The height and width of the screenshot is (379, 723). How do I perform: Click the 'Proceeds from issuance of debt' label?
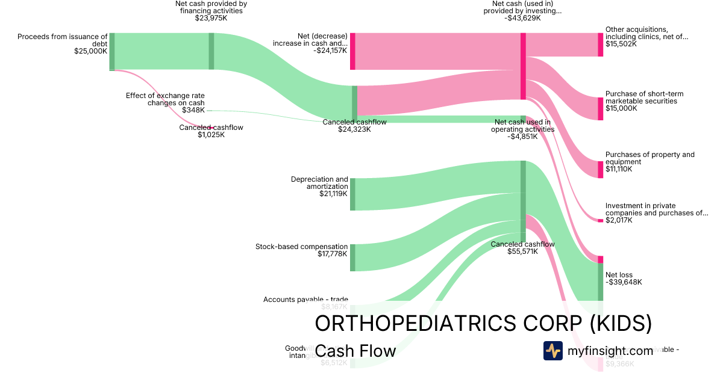[63, 40]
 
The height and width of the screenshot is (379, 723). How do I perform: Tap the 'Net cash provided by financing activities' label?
[211, 7]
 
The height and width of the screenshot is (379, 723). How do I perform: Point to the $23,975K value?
[211, 18]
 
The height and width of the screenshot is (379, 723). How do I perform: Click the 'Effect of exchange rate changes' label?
[165, 99]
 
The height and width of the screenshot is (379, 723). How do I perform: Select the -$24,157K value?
[330, 51]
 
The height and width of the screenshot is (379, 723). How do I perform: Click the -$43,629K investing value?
[522, 18]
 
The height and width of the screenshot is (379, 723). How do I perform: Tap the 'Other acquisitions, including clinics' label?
[646, 33]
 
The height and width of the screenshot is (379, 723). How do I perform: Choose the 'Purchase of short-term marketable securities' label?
[644, 97]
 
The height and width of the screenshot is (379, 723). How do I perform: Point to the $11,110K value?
[619, 169]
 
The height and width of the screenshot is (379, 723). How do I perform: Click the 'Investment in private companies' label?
[657, 209]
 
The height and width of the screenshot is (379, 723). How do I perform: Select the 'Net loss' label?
[619, 275]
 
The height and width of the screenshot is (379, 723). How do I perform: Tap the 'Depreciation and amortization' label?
[319, 183]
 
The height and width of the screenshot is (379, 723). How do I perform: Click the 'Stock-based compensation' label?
[301, 247]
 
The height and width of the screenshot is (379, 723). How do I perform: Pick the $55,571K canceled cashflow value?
[522, 252]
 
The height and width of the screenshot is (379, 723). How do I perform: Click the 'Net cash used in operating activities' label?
[522, 126]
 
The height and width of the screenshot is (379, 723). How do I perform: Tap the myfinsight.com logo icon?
[552, 351]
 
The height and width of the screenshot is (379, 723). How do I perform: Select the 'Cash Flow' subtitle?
[355, 351]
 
